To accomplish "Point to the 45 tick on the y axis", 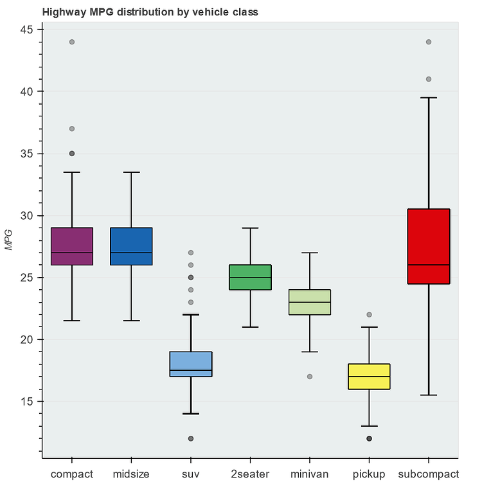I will pyautogui.click(x=28, y=30).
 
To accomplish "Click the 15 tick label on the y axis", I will pyautogui.click(x=28, y=402).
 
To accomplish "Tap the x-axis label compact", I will pyautogui.click(x=72, y=474).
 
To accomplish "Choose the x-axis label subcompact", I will pyautogui.click(x=429, y=474).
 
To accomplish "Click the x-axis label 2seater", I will pyautogui.click(x=251, y=474).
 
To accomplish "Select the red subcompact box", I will pyautogui.click(x=429, y=246).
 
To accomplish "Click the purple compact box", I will pyautogui.click(x=72, y=246).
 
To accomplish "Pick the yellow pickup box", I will pyautogui.click(x=370, y=377).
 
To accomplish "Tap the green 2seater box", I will pyautogui.click(x=251, y=278).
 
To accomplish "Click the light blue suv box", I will pyautogui.click(x=191, y=364).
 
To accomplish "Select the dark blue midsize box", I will pyautogui.click(x=131, y=246).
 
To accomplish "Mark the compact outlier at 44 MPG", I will pyautogui.click(x=72, y=42).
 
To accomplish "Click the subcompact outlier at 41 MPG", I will pyautogui.click(x=429, y=79).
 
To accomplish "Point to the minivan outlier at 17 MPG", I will pyautogui.click(x=310, y=377).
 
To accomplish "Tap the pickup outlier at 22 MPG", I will pyautogui.click(x=370, y=315).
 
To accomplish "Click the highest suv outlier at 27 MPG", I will pyautogui.click(x=191, y=253).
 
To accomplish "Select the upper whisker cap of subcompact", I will pyautogui.click(x=429, y=98).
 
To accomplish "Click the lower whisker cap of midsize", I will pyautogui.click(x=131, y=321).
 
